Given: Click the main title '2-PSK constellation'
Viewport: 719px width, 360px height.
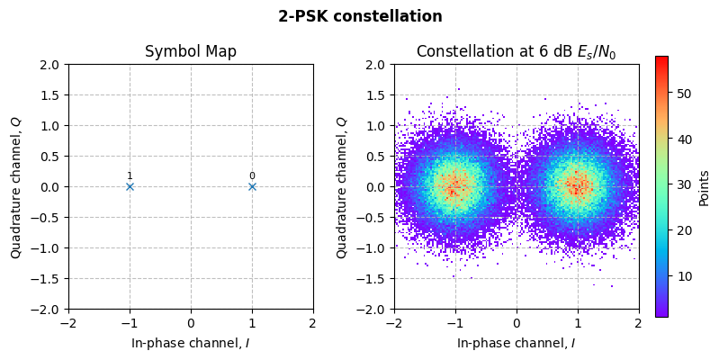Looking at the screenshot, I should [360, 16].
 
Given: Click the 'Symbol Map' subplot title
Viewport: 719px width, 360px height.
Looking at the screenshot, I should [191, 51].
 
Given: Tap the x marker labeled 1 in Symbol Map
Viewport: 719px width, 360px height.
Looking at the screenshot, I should [130, 186].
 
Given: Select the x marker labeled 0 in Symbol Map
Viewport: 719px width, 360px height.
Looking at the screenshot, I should [252, 186].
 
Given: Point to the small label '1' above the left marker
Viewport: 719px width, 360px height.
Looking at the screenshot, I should [130, 176].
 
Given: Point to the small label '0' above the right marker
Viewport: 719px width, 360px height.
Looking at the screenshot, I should [252, 176].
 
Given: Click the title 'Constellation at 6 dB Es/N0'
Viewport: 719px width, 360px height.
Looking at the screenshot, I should [516, 51].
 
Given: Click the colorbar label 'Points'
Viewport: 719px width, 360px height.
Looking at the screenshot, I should [704, 187].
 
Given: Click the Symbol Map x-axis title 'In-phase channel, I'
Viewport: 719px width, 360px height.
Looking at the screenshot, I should [191, 343].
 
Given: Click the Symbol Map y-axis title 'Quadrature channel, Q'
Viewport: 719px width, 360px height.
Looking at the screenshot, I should [16, 187].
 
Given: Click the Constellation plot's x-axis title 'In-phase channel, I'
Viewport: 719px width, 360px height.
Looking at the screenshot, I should [516, 343].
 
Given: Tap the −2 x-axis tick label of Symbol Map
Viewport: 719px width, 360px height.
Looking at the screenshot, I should [68, 322].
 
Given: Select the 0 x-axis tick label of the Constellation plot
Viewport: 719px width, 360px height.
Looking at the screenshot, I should [517, 322].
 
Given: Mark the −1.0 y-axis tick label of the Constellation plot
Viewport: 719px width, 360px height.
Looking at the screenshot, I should [372, 248].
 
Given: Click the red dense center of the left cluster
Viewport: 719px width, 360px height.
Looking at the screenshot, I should [454, 187].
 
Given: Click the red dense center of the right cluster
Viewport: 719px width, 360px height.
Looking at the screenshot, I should [577, 186].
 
